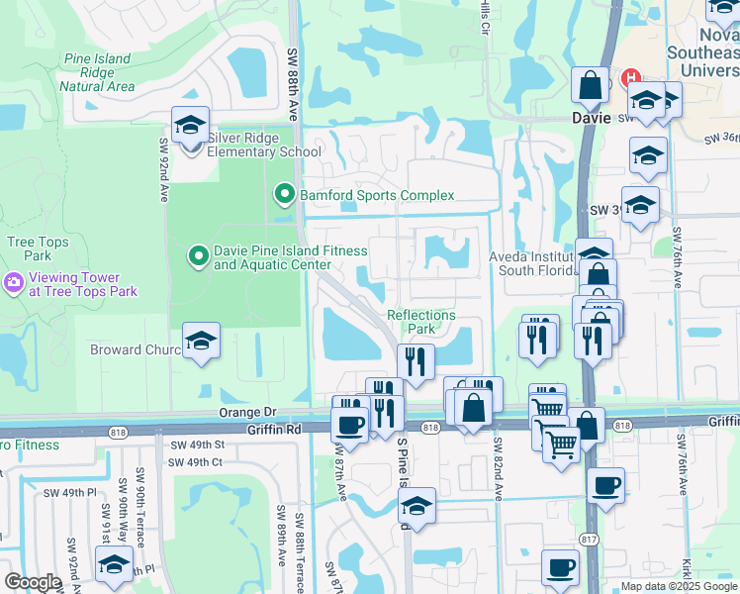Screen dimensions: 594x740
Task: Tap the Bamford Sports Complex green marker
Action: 285,195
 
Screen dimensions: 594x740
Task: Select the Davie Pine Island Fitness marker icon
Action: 198,257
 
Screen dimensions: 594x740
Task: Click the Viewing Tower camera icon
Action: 14,284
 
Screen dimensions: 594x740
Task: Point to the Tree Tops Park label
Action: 38,248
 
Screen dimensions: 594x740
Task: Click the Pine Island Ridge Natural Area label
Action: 97,72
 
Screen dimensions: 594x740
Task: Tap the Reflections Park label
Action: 421,322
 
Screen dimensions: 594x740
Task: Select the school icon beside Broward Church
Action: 202,343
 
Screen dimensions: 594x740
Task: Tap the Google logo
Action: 33,582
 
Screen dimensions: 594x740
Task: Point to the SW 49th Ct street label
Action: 195,461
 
